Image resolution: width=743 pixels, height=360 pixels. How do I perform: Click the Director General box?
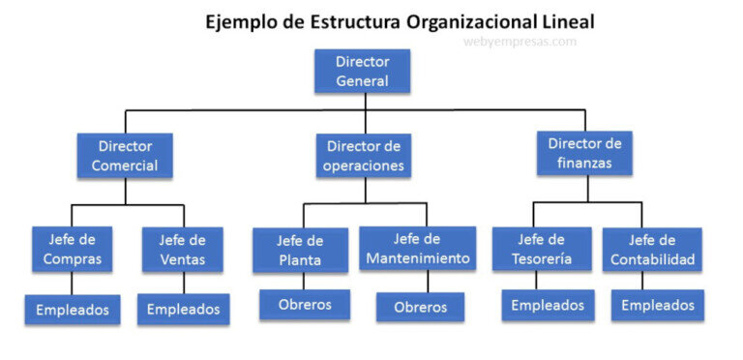tap(363, 72)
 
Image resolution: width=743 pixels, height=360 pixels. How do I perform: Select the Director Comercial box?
tap(125, 156)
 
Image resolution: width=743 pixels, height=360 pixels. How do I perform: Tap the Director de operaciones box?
tap(364, 156)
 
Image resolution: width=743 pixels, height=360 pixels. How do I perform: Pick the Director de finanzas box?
tap(584, 153)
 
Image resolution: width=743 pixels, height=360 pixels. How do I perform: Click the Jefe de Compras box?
tap(73, 250)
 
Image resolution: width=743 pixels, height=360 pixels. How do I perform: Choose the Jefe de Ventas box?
tap(183, 250)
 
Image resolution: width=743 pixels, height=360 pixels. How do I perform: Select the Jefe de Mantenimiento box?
tap(418, 249)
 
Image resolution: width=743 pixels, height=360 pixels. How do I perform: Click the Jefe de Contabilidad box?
tap(653, 250)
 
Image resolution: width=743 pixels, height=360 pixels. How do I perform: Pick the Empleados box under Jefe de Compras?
tap(73, 311)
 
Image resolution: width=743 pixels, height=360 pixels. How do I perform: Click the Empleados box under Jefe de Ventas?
tap(183, 311)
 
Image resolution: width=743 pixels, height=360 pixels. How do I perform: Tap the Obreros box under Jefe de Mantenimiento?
tap(420, 308)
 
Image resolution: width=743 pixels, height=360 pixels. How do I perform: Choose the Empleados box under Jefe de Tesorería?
tap(548, 306)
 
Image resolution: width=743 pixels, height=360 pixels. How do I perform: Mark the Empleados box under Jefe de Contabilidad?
tap(658, 306)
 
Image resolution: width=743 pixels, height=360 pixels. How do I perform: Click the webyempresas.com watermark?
tap(520, 42)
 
